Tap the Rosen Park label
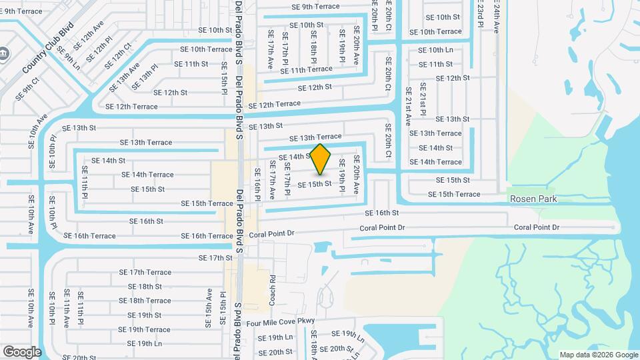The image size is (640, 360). (x=533, y=199)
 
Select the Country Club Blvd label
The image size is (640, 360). (x=47, y=51)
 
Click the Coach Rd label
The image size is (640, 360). (x=273, y=290)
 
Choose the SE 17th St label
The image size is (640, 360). (x=215, y=257)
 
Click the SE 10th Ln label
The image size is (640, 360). (x=435, y=50)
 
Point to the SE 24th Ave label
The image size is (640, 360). (x=497, y=17)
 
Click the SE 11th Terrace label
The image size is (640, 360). (x=306, y=69)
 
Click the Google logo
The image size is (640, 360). (x=22, y=351)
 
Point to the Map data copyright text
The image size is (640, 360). (x=598, y=355)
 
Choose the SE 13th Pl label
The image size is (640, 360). (x=145, y=77)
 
